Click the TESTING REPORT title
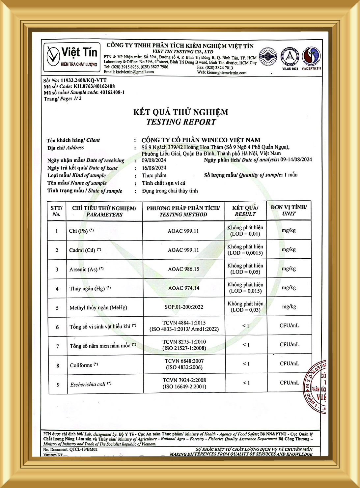[181, 122]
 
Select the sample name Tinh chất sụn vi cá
[163, 183]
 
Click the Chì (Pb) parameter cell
[81, 231]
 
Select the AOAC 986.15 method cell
[183, 269]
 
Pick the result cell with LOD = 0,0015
[245, 250]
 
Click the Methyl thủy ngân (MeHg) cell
[98, 307]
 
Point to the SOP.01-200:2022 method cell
[184, 307]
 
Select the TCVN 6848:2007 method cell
[184, 364]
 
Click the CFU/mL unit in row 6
[289, 326]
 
